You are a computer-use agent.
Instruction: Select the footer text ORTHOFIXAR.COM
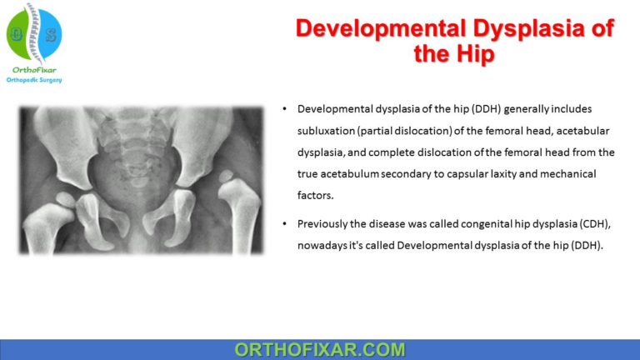320,350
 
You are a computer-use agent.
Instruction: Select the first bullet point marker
286,110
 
